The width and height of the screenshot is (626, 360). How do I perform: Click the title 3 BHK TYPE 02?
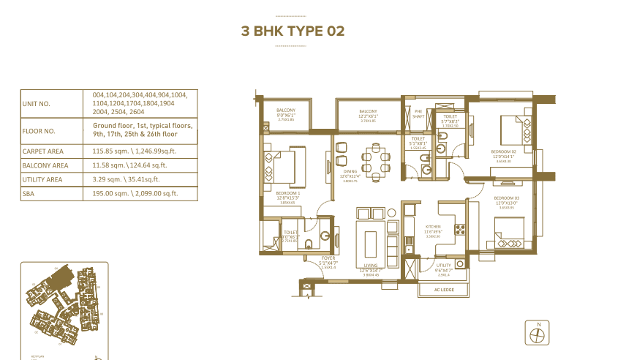pyautogui.click(x=293, y=31)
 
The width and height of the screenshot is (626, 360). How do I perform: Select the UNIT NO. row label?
pyautogui.click(x=36, y=104)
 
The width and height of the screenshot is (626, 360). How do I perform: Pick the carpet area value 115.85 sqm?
pyautogui.click(x=135, y=151)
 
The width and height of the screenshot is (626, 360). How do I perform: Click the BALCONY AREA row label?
pyautogui.click(x=45, y=165)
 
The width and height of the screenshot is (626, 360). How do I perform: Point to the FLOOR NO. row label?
pyautogui.click(x=39, y=132)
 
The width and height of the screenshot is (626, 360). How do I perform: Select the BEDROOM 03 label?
pyautogui.click(x=505, y=198)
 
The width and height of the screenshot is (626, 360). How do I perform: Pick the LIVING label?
pyautogui.click(x=370, y=267)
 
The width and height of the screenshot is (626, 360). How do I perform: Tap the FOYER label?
pyautogui.click(x=327, y=258)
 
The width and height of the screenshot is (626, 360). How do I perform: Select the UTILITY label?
pyautogui.click(x=443, y=266)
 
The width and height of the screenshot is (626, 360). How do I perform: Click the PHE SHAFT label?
pyautogui.click(x=418, y=113)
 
